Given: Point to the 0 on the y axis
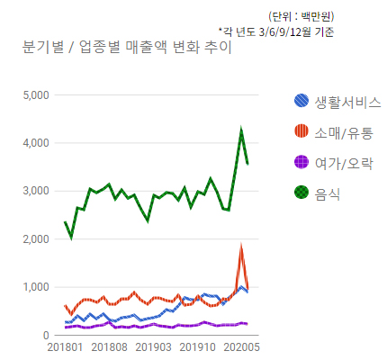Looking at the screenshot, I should click(45, 336).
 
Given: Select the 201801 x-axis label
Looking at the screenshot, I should click(65, 346).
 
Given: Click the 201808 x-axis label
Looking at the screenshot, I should click(109, 346).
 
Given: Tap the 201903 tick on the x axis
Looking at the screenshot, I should click(153, 346).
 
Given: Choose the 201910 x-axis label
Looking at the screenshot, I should click(197, 346).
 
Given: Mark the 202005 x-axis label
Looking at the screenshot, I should click(241, 346).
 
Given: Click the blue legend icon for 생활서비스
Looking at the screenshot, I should click(303, 102).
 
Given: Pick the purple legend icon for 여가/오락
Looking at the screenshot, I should click(303, 163).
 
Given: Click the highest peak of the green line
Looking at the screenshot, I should click(241, 130).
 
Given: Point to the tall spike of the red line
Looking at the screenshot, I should click(241, 247).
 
